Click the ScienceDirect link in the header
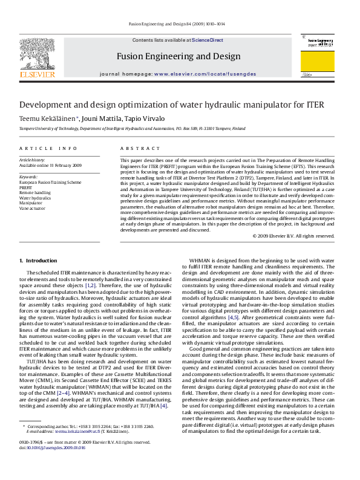[x=207, y=40]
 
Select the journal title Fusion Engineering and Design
[x=178, y=56]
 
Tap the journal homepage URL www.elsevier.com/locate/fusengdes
[x=205, y=74]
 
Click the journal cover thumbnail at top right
[x=319, y=56]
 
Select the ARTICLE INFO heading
[x=48, y=148]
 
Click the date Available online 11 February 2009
[x=50, y=165]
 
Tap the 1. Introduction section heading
[x=38, y=261]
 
